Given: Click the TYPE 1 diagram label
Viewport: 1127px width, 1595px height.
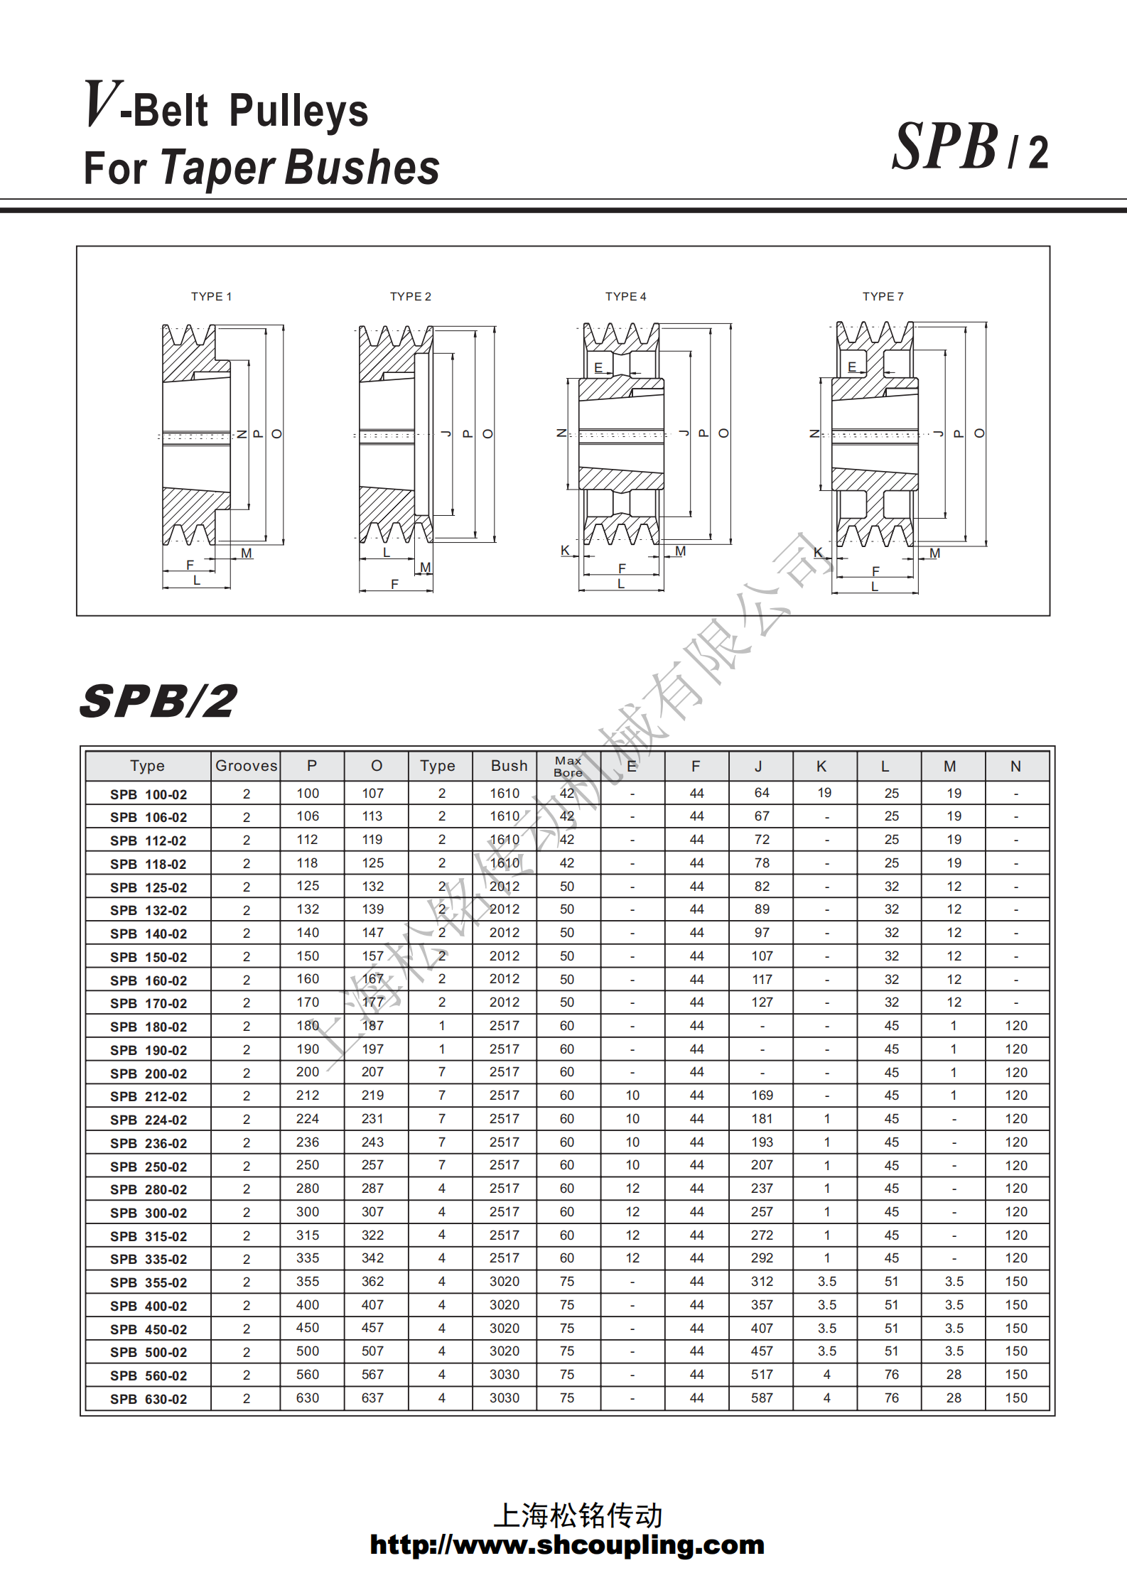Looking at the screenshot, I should (211, 296).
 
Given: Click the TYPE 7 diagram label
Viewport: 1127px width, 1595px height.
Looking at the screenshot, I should (883, 296).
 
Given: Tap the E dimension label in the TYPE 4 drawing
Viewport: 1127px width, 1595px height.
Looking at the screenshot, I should (598, 367).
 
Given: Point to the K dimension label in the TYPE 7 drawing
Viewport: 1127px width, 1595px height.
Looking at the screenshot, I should (818, 552).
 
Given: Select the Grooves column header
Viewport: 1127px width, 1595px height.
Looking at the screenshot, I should (246, 766).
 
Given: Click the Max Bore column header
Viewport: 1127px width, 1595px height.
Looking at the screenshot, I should (568, 766).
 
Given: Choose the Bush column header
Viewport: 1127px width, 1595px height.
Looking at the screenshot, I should (509, 766).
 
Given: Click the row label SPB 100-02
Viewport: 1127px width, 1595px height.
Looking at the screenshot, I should (149, 794).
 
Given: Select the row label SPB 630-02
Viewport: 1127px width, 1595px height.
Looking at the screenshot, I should (149, 1399).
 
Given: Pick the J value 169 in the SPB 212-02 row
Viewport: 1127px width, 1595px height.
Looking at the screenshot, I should (762, 1096).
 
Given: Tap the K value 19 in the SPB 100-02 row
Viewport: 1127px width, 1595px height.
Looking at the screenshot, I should (824, 793).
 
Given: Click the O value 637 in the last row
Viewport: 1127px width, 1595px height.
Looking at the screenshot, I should (372, 1398).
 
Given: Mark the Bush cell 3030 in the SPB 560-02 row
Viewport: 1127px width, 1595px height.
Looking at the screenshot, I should (504, 1375).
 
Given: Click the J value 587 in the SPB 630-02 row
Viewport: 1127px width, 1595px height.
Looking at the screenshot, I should (762, 1398).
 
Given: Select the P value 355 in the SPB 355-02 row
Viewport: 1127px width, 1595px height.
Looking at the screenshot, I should (308, 1282).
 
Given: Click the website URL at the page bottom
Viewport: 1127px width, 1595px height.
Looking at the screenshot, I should (566, 1545).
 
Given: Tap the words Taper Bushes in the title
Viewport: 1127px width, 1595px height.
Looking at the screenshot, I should (300, 168).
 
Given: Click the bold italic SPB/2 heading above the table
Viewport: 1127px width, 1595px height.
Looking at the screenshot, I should (158, 701).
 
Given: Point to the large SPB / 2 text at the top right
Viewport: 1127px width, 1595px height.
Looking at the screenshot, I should (969, 147).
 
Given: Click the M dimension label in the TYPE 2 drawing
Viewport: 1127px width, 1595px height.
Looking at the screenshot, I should (426, 567).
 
